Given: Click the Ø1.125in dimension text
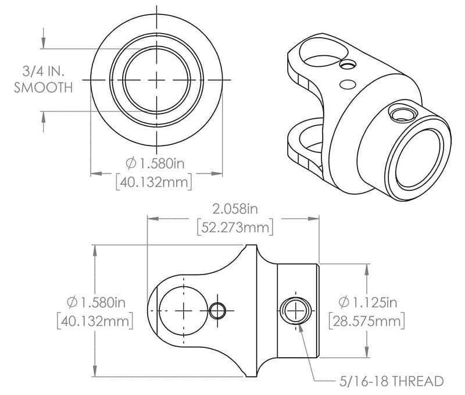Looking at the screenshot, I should click(x=367, y=302).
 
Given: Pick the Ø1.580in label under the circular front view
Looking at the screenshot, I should click(x=155, y=162).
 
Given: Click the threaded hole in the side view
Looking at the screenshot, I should click(x=295, y=309).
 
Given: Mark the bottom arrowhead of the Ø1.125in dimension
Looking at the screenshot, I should click(x=366, y=354).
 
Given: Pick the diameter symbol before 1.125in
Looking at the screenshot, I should click(x=344, y=302).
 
